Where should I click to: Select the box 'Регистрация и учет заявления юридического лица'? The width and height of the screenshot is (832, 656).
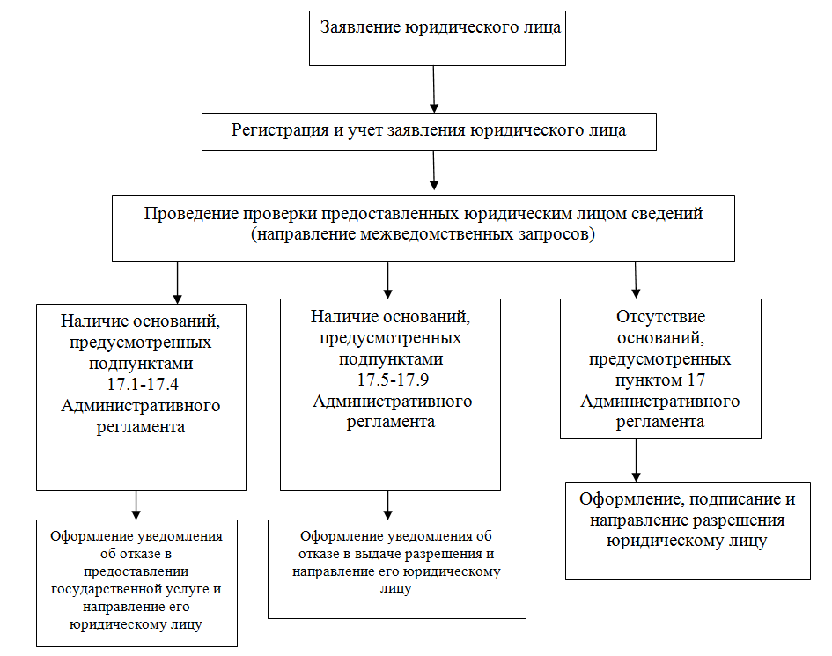[x=429, y=131]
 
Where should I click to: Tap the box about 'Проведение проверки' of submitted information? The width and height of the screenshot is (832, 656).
[x=423, y=227]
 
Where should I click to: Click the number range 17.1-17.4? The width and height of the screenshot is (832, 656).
[x=141, y=385]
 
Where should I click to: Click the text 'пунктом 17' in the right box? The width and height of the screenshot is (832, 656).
[x=659, y=380]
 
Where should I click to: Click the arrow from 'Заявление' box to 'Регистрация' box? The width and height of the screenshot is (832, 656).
[x=434, y=89]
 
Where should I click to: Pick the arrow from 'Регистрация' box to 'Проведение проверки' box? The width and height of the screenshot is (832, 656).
[x=434, y=172]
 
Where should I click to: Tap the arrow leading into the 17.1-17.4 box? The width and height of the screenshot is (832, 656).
[x=179, y=282]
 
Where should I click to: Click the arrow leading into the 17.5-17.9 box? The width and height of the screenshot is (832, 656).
[x=387, y=279]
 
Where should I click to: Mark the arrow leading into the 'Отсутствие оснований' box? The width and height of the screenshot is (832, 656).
[x=636, y=279]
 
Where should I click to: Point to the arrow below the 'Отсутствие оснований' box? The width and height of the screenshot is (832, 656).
[x=636, y=460]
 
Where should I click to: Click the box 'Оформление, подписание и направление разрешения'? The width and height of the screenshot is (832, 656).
[x=688, y=530]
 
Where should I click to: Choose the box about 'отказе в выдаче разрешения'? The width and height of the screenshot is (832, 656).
[x=397, y=569]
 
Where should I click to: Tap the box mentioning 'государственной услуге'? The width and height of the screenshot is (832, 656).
[x=136, y=583]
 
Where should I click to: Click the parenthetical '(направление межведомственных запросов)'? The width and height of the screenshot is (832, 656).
[x=423, y=236]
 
